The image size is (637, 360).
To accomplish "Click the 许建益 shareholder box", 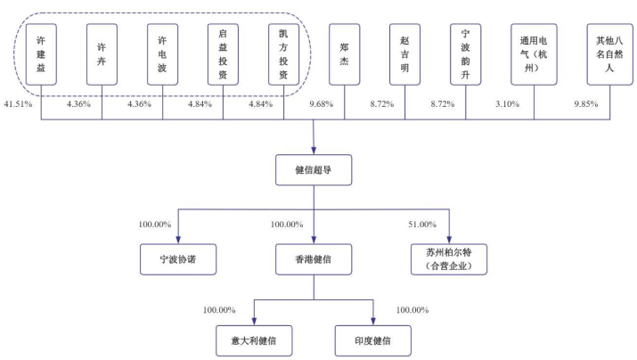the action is click(41, 54).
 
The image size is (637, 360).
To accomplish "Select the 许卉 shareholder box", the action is click(102, 54).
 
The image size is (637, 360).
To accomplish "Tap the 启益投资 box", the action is click(223, 54).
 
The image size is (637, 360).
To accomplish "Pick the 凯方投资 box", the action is click(283, 54).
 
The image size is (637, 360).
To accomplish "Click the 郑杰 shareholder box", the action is click(344, 54).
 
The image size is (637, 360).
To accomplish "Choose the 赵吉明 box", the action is click(404, 54).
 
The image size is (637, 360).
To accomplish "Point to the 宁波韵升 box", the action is click(466, 54).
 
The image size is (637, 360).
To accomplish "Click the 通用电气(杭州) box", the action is click(534, 54).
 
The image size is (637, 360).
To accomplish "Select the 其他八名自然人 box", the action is click(609, 54).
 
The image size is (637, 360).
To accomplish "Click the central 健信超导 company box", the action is click(314, 170).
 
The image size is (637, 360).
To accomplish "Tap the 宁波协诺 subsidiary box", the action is click(178, 259).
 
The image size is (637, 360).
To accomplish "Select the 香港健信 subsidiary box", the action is click(314, 259).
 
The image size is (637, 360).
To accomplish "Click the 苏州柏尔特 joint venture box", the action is click(449, 259).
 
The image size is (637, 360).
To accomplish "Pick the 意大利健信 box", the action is click(254, 340).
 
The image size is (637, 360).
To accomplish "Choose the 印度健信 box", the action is click(373, 340).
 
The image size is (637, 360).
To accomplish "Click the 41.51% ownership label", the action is click(18, 104).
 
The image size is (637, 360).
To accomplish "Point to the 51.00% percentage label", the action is click(422, 225).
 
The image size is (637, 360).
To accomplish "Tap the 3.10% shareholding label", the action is click(507, 104).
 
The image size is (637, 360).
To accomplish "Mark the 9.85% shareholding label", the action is click(586, 104).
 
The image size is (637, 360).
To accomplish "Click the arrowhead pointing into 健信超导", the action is click(314, 151).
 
